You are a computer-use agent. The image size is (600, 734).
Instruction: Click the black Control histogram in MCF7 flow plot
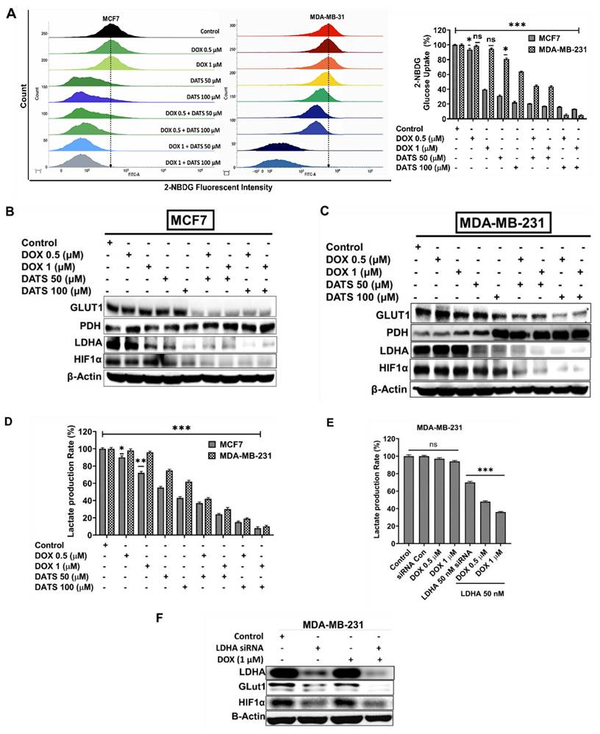tap(110, 29)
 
